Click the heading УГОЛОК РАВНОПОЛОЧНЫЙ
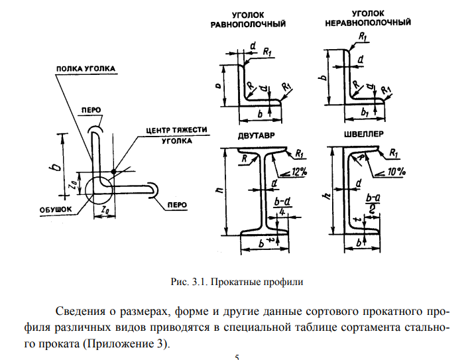[248, 19]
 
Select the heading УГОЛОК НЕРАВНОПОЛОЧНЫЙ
[368, 18]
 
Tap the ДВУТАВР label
[257, 136]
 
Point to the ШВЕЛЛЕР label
[364, 134]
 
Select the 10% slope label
[396, 172]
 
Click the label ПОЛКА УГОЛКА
[86, 69]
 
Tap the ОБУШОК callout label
[56, 210]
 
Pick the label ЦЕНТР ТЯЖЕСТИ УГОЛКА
[177, 135]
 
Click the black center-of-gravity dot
[113, 172]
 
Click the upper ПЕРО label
[91, 110]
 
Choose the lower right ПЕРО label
[177, 205]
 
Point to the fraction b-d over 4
[282, 206]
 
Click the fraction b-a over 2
[373, 204]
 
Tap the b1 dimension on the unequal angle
[365, 113]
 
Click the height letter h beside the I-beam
[220, 190]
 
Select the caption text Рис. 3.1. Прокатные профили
[237, 282]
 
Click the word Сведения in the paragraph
[80, 311]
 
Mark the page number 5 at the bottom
[237, 357]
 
